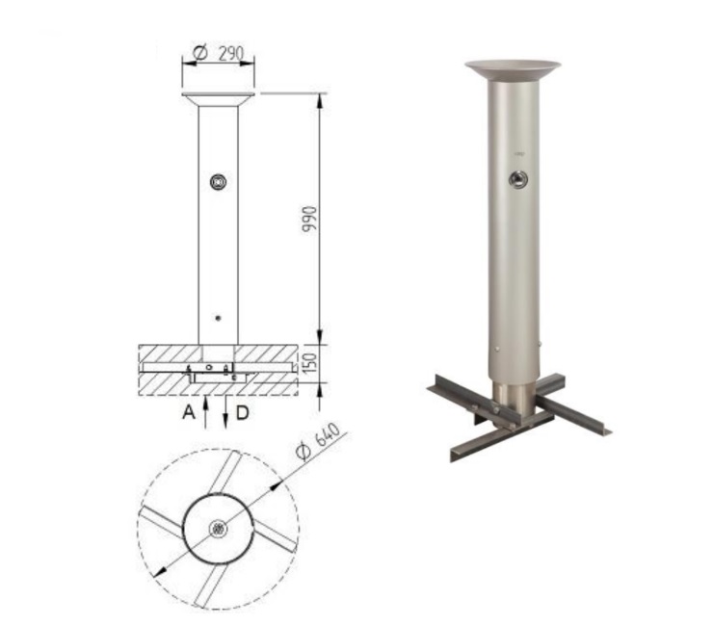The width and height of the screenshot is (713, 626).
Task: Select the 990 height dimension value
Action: [309, 220]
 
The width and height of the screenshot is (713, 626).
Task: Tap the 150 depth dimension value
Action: [309, 363]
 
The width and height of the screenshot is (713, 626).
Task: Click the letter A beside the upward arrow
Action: [189, 413]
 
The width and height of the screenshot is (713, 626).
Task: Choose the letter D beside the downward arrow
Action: [243, 413]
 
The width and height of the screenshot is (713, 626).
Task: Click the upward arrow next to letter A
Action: [205, 412]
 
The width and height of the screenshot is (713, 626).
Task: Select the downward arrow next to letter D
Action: [225, 412]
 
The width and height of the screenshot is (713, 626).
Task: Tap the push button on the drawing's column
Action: [219, 182]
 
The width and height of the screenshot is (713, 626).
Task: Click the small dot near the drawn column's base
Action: [219, 318]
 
